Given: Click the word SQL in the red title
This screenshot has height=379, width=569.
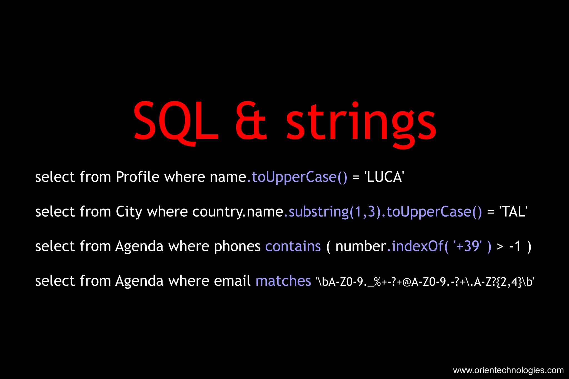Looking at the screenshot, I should click(176, 121).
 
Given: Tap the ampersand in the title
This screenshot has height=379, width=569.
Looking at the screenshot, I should click(251, 121).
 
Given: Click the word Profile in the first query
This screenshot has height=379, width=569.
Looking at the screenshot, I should click(138, 177).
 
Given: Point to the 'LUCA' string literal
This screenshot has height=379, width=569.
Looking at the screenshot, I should click(384, 177).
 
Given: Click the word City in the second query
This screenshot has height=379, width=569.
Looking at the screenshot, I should click(129, 212).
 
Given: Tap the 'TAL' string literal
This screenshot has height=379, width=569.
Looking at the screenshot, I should click(513, 212).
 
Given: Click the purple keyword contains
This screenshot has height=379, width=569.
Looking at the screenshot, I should click(293, 247).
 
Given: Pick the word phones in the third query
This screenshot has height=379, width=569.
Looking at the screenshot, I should click(237, 247).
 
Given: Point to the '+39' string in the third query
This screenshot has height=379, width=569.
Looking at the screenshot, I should click(468, 246).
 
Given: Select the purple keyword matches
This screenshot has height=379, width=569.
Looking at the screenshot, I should click(283, 281).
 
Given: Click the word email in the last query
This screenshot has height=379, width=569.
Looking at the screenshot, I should click(232, 281).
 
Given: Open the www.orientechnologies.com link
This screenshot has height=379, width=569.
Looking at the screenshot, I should click(508, 370).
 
